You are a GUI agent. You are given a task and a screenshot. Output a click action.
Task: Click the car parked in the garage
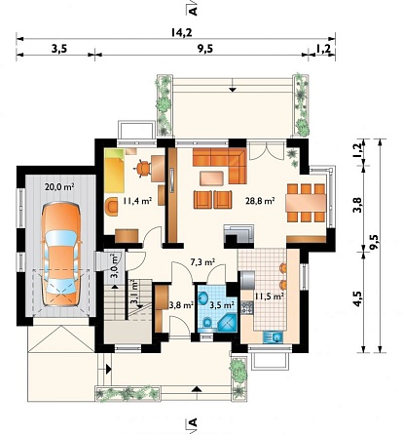(x=61, y=254)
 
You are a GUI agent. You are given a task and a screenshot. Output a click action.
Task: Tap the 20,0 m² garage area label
(x=60, y=187)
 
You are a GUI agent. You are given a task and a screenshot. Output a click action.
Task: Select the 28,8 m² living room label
(x=261, y=201)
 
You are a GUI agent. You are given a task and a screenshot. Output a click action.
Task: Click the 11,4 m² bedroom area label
(x=137, y=201)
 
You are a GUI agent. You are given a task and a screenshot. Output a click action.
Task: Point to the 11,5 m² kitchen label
(x=270, y=296)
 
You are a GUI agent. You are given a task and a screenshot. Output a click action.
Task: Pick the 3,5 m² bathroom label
(x=222, y=305)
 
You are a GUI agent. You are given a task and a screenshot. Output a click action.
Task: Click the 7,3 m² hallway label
(x=203, y=261)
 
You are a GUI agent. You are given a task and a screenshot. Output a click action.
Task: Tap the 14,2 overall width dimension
(x=181, y=32)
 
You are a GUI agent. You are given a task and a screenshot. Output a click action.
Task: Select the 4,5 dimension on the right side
(x=358, y=298)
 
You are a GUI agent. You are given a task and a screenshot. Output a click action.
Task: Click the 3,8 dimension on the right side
(x=357, y=206)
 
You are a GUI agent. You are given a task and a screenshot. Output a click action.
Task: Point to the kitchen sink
(x=274, y=336)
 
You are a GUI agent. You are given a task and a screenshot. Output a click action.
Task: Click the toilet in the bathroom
(x=207, y=323)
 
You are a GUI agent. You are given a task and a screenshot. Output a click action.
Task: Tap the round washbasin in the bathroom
(x=203, y=298)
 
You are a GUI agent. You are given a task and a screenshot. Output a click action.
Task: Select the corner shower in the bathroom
(x=228, y=322)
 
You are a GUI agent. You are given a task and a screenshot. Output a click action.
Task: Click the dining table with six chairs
(x=306, y=203)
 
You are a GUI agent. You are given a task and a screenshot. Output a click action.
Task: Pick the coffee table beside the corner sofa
(x=211, y=178)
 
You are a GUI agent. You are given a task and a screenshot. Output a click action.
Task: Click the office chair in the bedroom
(x=143, y=168)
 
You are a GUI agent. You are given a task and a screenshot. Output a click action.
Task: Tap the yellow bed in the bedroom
(x=114, y=171)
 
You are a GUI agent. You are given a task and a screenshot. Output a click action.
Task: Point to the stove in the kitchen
(x=247, y=307)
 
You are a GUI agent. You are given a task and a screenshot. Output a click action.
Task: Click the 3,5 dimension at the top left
(x=59, y=49)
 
